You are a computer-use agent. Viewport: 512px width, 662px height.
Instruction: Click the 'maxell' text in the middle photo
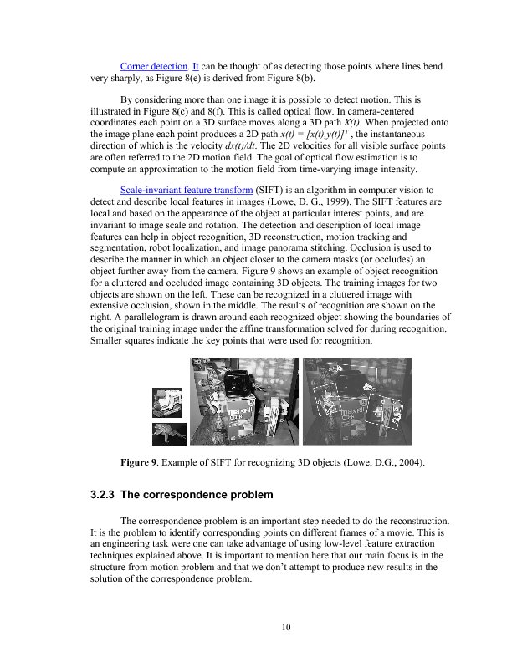(243, 411)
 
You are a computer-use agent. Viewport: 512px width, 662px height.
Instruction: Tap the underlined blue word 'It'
(197, 65)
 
